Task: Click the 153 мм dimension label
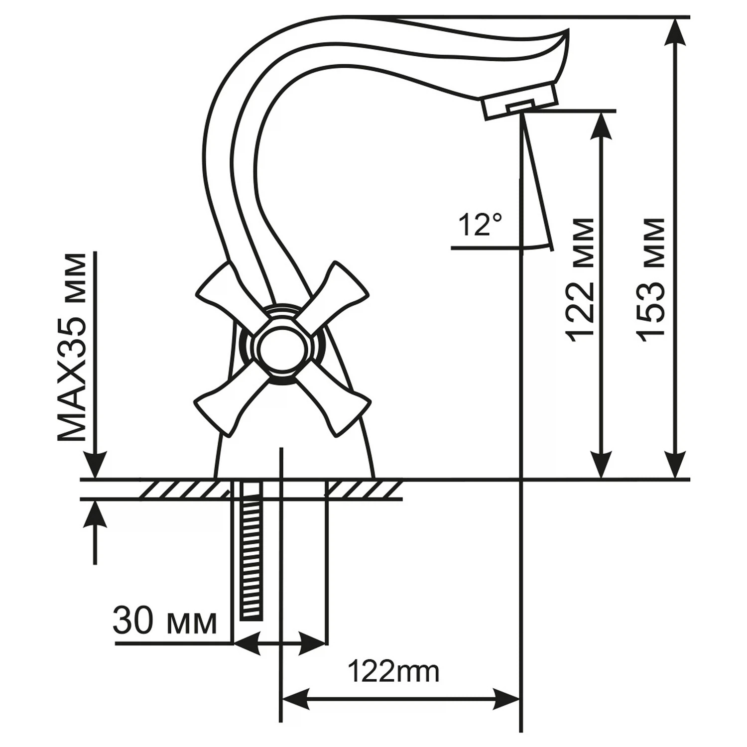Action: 652,280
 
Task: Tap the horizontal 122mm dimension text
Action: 393,672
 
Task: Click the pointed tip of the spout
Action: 565,32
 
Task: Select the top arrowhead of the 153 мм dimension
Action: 676,30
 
